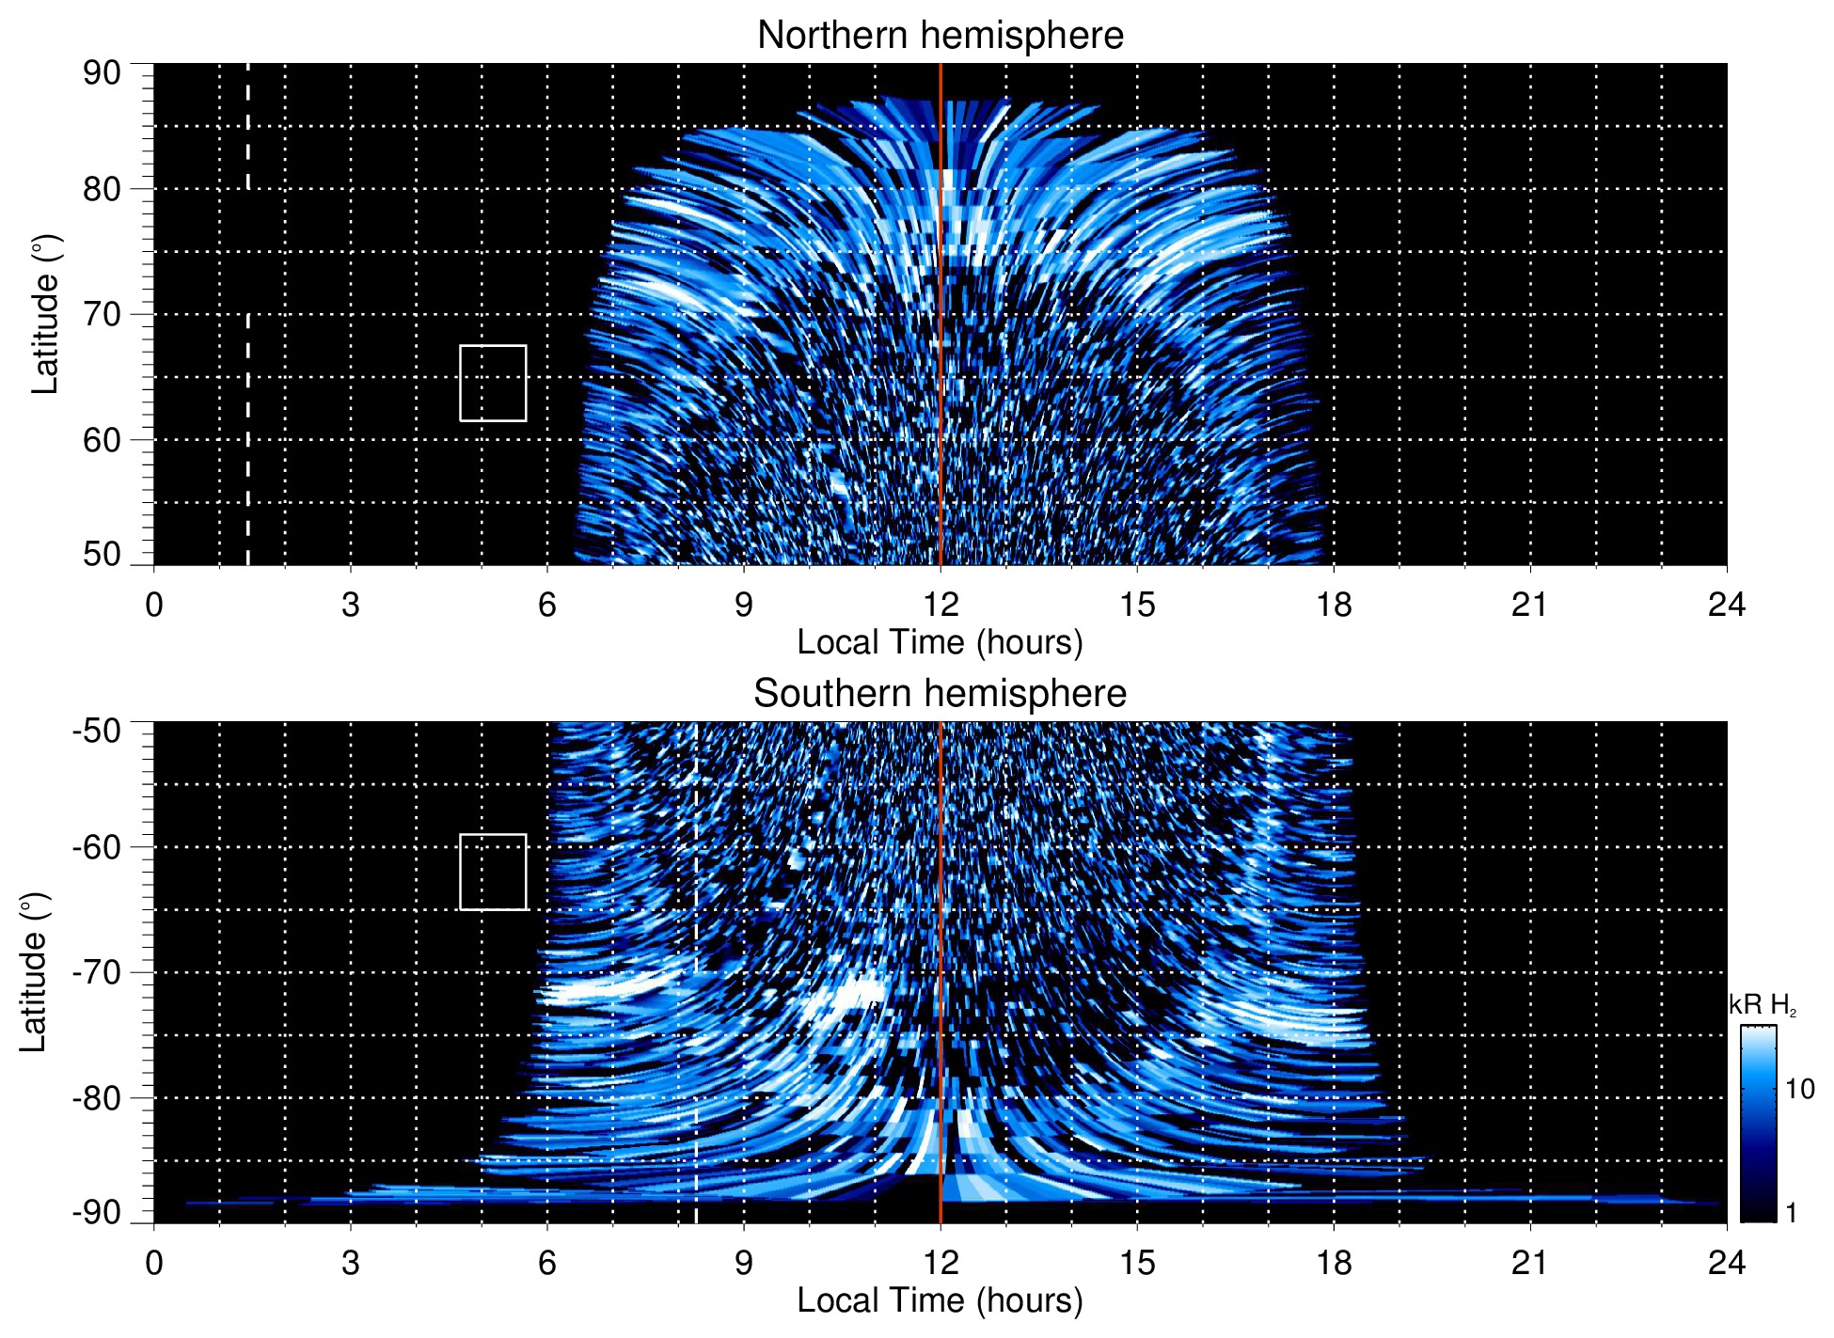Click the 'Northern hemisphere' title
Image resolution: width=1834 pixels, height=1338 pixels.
point(940,36)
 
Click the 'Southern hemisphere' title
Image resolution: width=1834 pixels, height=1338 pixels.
point(940,694)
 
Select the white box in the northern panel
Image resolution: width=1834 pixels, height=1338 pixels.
point(493,383)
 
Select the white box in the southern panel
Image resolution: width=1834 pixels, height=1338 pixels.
point(493,872)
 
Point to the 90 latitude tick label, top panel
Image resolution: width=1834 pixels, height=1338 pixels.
point(102,73)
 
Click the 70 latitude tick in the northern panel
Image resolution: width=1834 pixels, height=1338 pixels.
point(102,314)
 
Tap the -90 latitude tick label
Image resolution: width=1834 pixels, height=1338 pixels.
point(97,1213)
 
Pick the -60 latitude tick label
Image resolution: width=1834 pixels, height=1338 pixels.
point(97,847)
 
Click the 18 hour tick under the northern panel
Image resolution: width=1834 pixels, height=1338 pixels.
point(1334,605)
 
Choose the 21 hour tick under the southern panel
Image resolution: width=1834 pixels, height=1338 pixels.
point(1530,1263)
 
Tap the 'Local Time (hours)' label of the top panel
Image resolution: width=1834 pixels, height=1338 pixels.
point(940,642)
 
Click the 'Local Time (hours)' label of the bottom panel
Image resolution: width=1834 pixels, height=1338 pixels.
point(940,1300)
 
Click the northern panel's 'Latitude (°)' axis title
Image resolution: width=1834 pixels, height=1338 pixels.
point(45,314)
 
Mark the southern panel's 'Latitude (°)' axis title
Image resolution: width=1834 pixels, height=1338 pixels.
point(34,972)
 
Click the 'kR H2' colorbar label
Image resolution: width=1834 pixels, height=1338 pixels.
point(1762,1005)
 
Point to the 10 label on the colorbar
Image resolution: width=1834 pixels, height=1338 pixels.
point(1799,1090)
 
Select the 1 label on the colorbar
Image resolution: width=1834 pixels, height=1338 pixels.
point(1791,1213)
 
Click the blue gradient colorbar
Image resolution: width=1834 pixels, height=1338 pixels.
point(1758,1124)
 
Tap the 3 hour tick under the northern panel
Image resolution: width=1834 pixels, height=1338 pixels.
point(351,605)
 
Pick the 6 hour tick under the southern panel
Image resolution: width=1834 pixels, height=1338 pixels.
point(547,1263)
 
